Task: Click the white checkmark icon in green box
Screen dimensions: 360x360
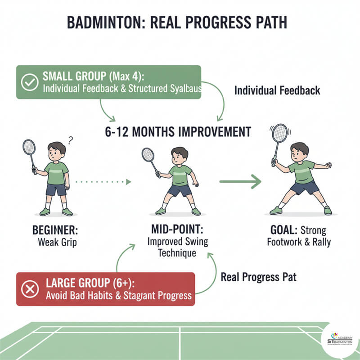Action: (30, 82)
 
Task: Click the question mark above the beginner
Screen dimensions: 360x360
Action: (70, 140)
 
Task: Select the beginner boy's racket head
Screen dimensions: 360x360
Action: (29, 147)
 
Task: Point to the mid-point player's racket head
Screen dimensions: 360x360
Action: (148, 155)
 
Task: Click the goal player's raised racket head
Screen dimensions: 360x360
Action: (279, 133)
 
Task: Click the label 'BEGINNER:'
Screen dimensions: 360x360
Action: (55, 230)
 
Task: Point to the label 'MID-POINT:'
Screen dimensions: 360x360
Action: (177, 231)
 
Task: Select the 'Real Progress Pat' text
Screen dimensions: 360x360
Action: (258, 277)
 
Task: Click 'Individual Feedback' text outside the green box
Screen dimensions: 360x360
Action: (277, 90)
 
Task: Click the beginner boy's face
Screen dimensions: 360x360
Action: (57, 152)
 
